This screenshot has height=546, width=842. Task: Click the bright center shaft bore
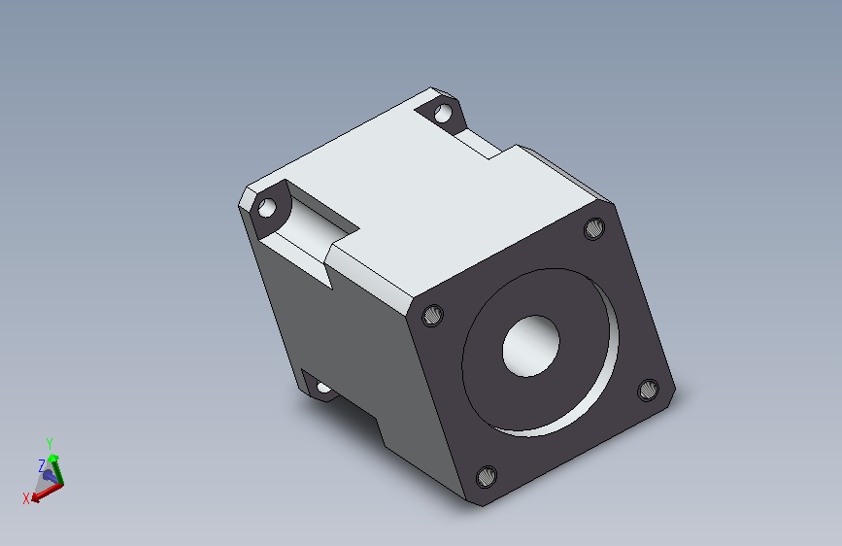pyautogui.click(x=530, y=346)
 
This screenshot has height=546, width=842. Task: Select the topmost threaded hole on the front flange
pyautogui.click(x=594, y=229)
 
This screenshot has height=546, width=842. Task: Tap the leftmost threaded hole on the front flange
pyautogui.click(x=433, y=315)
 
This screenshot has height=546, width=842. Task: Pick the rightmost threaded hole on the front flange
pyautogui.click(x=648, y=390)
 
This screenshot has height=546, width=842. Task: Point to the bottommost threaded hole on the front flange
pyautogui.click(x=487, y=477)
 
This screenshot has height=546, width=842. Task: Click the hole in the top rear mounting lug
pyautogui.click(x=443, y=114)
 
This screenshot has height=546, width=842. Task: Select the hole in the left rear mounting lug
pyautogui.click(x=267, y=208)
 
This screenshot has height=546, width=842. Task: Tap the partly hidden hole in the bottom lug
pyautogui.click(x=323, y=387)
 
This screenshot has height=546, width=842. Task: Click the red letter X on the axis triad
pyautogui.click(x=26, y=498)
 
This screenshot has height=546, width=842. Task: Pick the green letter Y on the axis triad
pyautogui.click(x=50, y=444)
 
